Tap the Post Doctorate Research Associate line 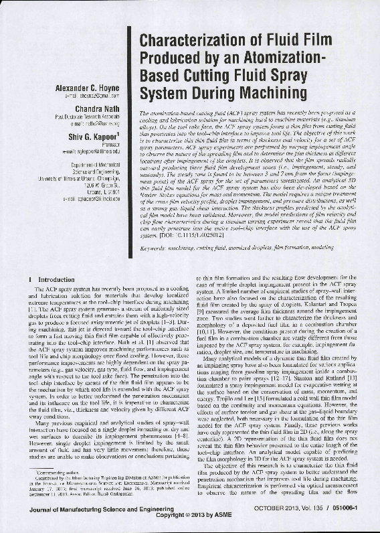point(92,116)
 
